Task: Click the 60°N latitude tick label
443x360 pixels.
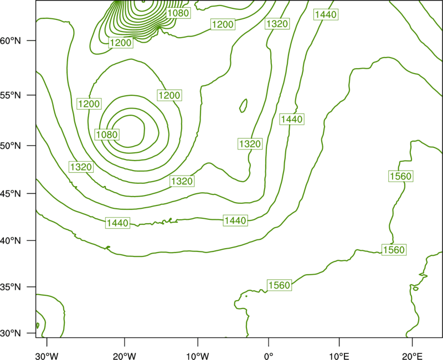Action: (x=11, y=40)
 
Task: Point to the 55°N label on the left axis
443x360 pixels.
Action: (x=11, y=95)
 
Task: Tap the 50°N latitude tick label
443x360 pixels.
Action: (x=11, y=146)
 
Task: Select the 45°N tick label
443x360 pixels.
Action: (x=11, y=193)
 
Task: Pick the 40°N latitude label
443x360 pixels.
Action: (x=11, y=241)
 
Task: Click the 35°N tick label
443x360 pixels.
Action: (x=11, y=287)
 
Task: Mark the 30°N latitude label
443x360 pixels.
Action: (x=11, y=333)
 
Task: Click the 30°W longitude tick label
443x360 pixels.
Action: (x=47, y=356)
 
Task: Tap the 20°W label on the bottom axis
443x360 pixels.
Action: (x=125, y=356)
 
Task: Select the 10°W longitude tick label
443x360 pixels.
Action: (x=198, y=356)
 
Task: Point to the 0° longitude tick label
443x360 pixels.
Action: (x=269, y=356)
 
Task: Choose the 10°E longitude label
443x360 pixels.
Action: (x=339, y=356)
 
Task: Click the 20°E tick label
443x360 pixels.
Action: (x=412, y=356)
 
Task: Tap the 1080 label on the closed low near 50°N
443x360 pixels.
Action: (x=107, y=135)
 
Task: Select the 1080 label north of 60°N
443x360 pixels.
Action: (x=178, y=13)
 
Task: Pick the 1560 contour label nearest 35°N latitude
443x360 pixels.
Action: (x=280, y=285)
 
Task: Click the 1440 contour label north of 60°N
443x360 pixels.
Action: (x=326, y=14)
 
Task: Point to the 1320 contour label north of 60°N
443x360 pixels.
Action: (x=277, y=24)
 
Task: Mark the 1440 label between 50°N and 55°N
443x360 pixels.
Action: (x=292, y=119)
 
